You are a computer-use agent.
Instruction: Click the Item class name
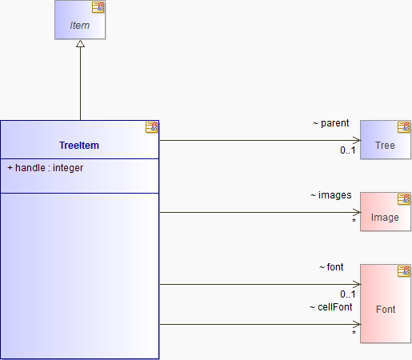(79, 26)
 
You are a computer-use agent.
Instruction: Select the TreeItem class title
(79, 146)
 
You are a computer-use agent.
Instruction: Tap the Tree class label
(385, 146)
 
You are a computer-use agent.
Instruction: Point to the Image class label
(385, 218)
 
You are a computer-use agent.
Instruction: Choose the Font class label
(386, 310)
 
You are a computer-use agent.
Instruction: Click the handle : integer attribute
(46, 168)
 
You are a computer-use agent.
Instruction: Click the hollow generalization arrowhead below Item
(80, 44)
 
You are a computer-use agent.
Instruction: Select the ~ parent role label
(330, 123)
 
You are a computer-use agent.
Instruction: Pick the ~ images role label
(330, 195)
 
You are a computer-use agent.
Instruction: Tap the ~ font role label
(331, 267)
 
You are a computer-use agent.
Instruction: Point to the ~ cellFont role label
(330, 307)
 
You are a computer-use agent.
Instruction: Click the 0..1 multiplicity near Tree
(348, 150)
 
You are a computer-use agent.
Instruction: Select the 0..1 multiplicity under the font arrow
(348, 294)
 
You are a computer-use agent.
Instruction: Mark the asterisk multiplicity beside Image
(354, 221)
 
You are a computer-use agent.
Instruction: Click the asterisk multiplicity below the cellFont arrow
(354, 333)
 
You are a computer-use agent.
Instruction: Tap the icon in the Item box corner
(98, 7)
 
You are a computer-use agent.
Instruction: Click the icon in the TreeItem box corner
(151, 127)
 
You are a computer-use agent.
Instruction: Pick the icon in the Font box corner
(404, 271)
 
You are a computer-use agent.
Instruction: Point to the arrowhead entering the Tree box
(357, 140)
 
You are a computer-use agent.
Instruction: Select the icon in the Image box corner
(404, 199)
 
